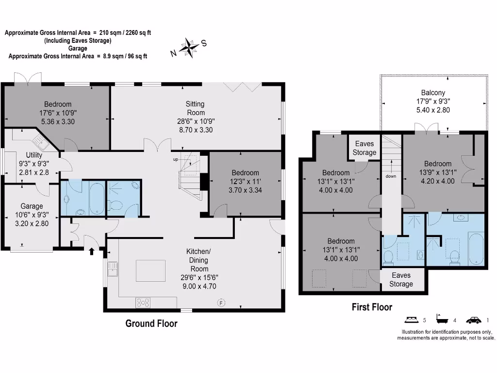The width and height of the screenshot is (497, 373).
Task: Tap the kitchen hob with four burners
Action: pyautogui.click(x=143, y=302)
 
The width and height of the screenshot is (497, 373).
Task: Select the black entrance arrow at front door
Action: pyautogui.click(x=92, y=251)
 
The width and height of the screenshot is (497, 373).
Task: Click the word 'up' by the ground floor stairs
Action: pyautogui.click(x=176, y=159)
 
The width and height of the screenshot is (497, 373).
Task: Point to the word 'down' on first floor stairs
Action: pyautogui.click(x=391, y=176)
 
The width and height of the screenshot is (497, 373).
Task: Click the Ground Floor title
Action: pyautogui.click(x=151, y=323)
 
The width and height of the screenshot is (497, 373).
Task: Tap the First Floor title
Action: pyautogui.click(x=372, y=307)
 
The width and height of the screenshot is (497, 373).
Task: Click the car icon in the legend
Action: pyautogui.click(x=474, y=320)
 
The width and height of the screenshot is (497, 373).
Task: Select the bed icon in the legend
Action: pyautogui.click(x=411, y=320)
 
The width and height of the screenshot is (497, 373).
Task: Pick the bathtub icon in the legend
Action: pyautogui.click(x=442, y=320)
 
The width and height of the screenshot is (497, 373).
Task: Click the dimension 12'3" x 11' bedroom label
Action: pyautogui.click(x=245, y=182)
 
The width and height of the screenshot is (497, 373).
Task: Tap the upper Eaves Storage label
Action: pyautogui.click(x=364, y=148)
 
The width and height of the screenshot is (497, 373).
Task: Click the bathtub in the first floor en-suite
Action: pyautogui.click(x=476, y=248)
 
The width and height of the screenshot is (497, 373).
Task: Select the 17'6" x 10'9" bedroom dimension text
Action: pyautogui.click(x=58, y=113)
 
